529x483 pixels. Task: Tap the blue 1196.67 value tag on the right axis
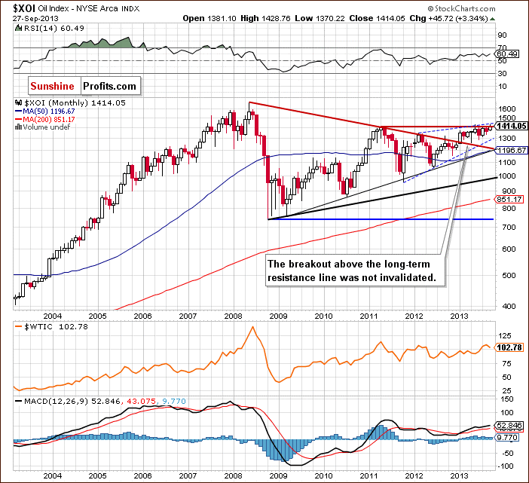[x=510, y=150]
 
